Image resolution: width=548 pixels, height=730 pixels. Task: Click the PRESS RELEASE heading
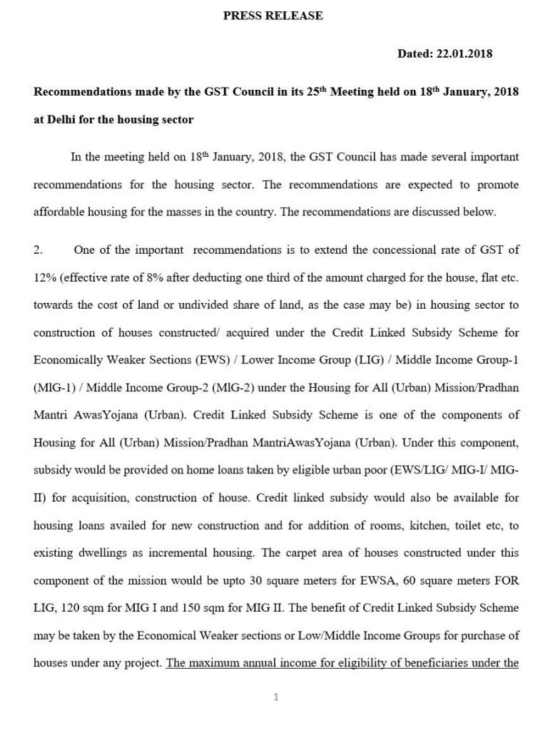274,15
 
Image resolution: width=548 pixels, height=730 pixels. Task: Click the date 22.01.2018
466,53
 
